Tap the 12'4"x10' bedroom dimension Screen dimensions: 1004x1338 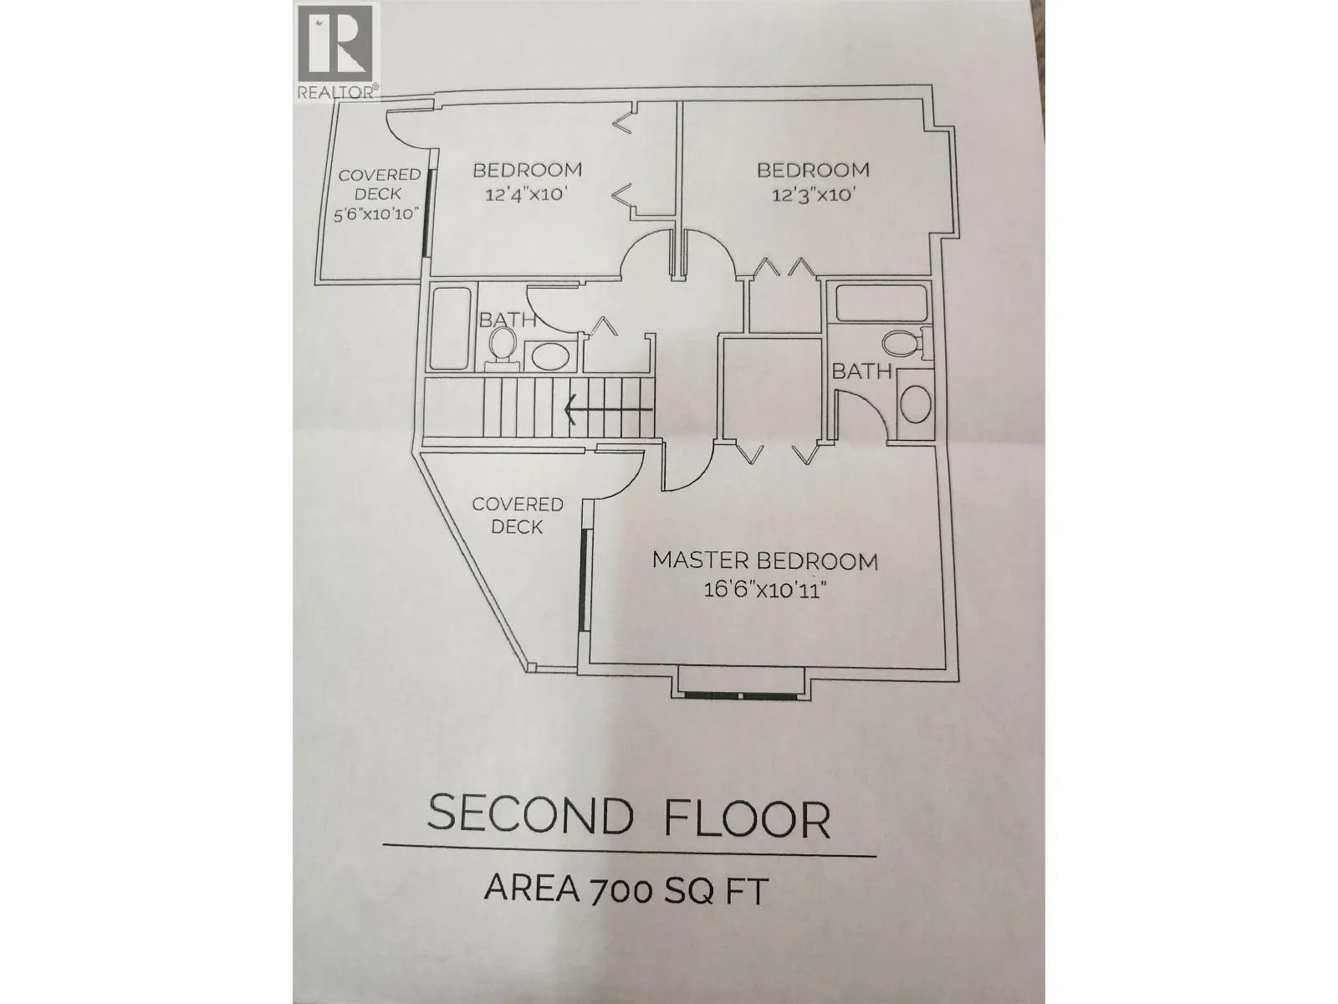[527, 196]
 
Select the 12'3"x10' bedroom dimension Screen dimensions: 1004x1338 [813, 196]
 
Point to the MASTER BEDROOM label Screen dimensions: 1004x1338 [765, 561]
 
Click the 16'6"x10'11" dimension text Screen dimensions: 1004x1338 [765, 591]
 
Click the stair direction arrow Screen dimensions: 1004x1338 [608, 409]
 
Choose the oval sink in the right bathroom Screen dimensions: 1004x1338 [914, 403]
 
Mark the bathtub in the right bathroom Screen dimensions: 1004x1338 [881, 303]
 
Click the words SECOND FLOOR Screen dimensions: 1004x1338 [628, 817]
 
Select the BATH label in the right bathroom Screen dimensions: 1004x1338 [862, 371]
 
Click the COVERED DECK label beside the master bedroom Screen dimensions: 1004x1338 [518, 515]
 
